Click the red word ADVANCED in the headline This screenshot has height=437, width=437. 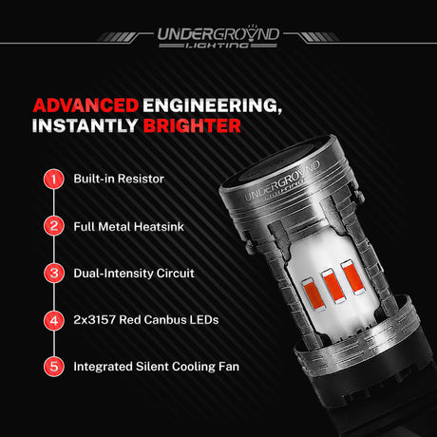click(85, 105)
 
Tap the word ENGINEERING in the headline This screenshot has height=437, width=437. click(212, 105)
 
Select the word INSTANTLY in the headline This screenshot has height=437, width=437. click(85, 125)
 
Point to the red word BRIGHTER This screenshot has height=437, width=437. click(192, 125)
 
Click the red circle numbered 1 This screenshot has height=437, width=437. click(54, 179)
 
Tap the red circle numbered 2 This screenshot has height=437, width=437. click(54, 226)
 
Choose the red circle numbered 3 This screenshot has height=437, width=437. click(54, 273)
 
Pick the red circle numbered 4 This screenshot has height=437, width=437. click(54, 320)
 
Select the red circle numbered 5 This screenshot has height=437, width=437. click(54, 367)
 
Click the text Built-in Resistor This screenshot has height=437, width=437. click(119, 179)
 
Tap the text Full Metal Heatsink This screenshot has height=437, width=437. click(128, 226)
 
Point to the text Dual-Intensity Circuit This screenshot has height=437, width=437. click(134, 274)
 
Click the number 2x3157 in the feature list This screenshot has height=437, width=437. click(94, 320)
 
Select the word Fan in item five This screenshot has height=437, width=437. click(229, 367)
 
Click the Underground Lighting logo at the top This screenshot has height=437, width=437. click(218, 37)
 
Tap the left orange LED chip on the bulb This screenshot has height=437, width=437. click(313, 293)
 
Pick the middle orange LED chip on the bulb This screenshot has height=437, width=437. click(333, 286)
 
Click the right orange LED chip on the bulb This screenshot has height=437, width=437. click(352, 277)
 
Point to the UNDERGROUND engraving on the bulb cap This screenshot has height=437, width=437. click(282, 180)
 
